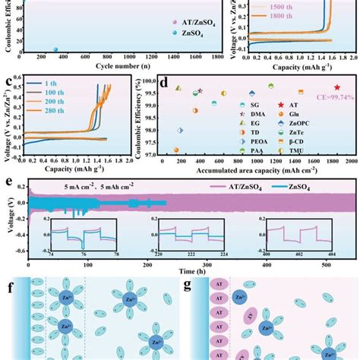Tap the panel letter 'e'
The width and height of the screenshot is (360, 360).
[x=8, y=182]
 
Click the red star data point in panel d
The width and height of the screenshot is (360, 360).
[x=336, y=87]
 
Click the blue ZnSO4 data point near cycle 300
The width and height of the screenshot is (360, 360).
[x=55, y=50]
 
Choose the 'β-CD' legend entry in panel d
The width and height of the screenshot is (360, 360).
[x=313, y=141]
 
